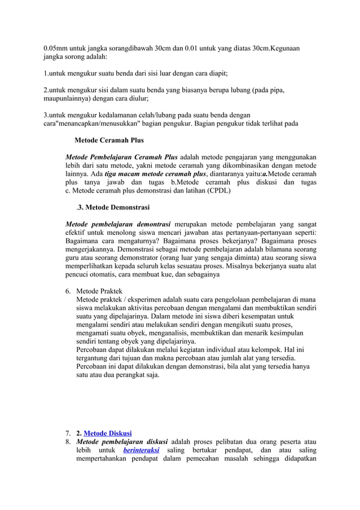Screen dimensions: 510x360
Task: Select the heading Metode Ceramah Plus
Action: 109,140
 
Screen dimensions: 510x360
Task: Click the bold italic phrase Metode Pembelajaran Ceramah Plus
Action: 121,156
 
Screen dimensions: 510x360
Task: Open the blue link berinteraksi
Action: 141,451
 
